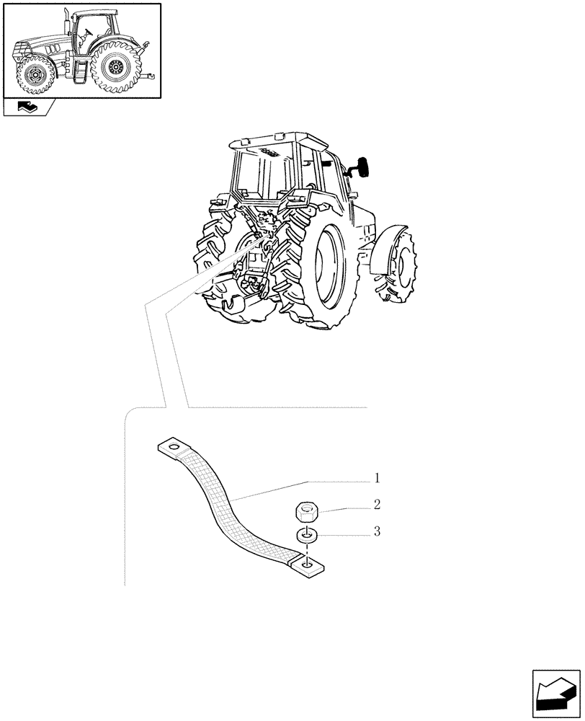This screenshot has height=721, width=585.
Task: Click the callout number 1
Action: click(x=376, y=479)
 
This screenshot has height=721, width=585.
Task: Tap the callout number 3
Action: click(x=376, y=532)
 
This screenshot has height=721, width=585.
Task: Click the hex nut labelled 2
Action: click(x=306, y=513)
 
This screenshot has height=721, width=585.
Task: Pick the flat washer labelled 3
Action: click(x=307, y=536)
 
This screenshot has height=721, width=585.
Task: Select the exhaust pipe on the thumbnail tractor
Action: click(x=66, y=22)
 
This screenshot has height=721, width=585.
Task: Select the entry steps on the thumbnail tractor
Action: click(x=81, y=71)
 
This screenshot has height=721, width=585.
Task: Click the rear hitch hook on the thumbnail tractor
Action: click(x=149, y=75)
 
